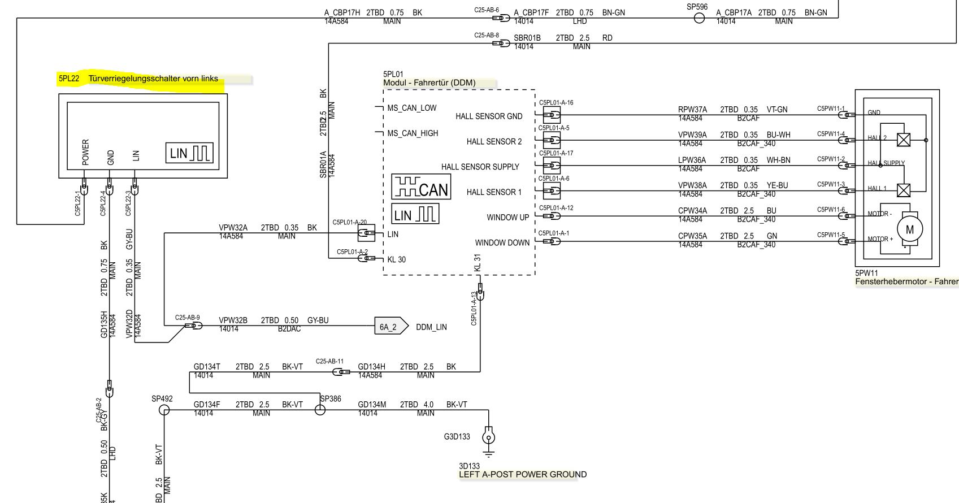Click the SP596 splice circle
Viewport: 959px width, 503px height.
click(699, 18)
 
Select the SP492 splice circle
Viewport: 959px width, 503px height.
click(163, 410)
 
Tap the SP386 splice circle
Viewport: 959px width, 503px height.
click(320, 410)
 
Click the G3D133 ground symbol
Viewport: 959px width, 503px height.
click(489, 437)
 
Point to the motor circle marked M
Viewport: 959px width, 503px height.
click(910, 229)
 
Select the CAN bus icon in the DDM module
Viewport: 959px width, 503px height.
click(420, 187)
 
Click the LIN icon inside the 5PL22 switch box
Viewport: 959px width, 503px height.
click(189, 153)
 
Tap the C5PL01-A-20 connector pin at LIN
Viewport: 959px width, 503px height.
click(367, 233)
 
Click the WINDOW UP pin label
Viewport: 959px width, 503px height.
click(508, 218)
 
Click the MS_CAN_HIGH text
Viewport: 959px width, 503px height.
click(413, 133)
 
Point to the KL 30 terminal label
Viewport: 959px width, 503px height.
click(396, 260)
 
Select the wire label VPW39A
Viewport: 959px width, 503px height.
click(692, 135)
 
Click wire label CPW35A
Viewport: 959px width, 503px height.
click(692, 236)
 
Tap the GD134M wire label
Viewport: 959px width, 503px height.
click(372, 405)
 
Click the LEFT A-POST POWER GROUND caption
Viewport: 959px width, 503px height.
click(523, 475)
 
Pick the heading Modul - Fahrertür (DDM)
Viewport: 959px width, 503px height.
click(429, 83)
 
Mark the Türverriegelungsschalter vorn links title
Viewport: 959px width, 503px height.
click(153, 79)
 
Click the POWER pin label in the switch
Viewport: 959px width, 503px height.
click(86, 153)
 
